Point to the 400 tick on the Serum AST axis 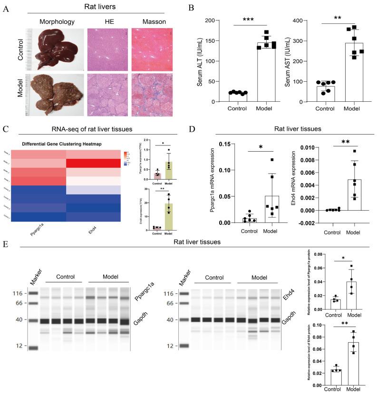click(309, 20)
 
